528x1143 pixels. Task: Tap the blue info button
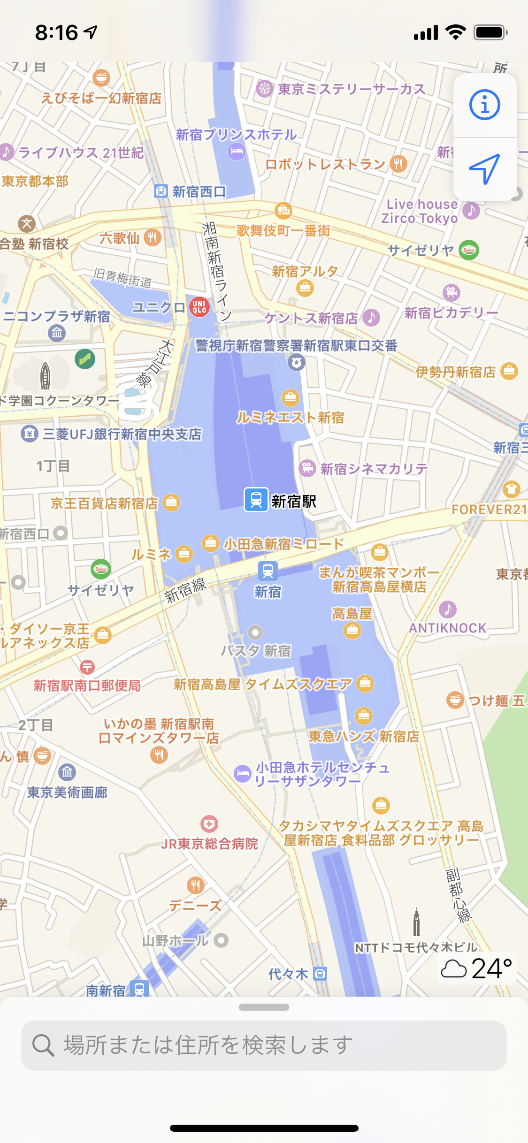pos(485,105)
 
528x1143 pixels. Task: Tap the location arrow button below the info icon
pos(485,169)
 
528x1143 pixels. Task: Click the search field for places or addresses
pos(264,1045)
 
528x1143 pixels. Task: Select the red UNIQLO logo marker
pos(199,307)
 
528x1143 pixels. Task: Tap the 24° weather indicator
pos(477,968)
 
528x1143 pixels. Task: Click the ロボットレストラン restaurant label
pos(325,164)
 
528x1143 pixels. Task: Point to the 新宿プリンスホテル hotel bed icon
pos(237,151)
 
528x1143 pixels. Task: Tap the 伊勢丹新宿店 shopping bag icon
pos(509,371)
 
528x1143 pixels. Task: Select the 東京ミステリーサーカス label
pos(352,89)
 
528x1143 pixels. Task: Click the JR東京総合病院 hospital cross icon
pos(209,824)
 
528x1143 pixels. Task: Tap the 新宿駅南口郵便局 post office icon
pos(87,667)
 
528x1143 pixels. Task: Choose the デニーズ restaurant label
pos(195,906)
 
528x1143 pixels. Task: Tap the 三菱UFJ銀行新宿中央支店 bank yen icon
pos(30,434)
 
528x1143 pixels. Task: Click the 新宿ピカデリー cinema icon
pos(451,292)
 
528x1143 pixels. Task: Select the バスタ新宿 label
pos(256,651)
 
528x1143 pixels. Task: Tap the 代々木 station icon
pos(320,974)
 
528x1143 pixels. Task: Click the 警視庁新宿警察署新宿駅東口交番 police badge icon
pos(296,362)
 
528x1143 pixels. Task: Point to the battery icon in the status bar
pos(490,32)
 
